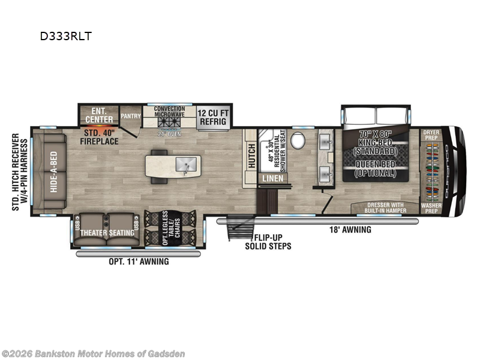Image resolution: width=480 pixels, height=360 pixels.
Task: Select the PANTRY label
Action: pyautogui.click(x=130, y=116)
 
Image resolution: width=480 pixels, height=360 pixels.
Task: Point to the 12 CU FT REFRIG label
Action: pyautogui.click(x=212, y=116)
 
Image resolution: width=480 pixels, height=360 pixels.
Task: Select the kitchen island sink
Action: pyautogui.click(x=184, y=164)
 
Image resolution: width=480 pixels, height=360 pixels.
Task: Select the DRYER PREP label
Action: pyautogui.click(x=431, y=134)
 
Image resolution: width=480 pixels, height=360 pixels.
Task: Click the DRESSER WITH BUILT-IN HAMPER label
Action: pyautogui.click(x=386, y=208)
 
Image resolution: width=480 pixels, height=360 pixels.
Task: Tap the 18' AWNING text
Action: pyautogui.click(x=351, y=229)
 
